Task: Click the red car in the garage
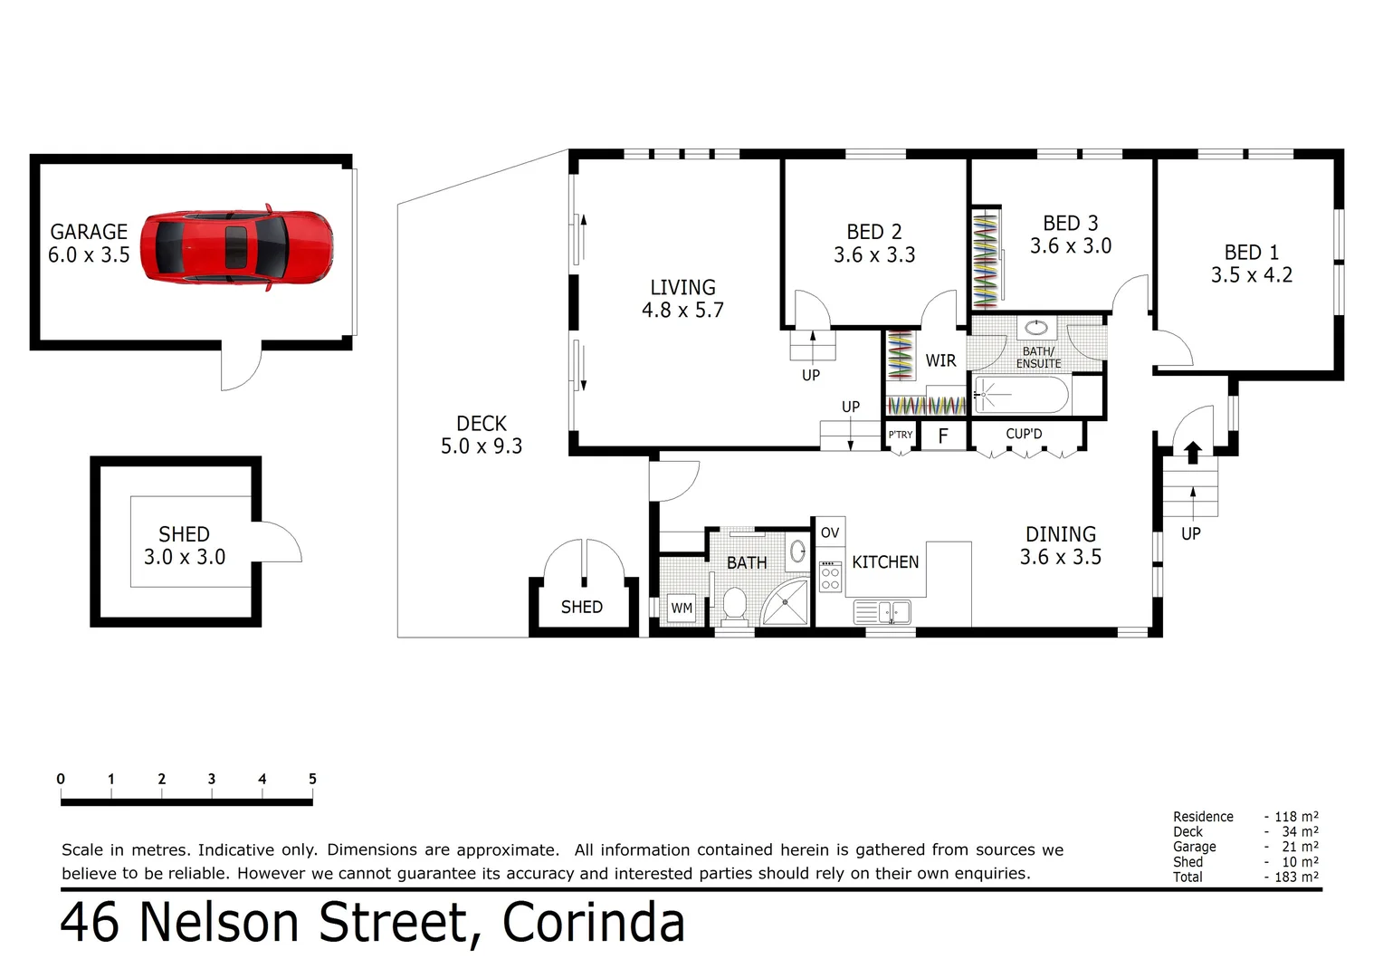click(x=237, y=246)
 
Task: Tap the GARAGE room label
click(x=89, y=232)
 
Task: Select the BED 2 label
click(x=874, y=233)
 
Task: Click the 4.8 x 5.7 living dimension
click(x=682, y=311)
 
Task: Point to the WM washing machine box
click(x=682, y=609)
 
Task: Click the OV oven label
click(x=830, y=532)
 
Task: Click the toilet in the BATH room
click(x=734, y=605)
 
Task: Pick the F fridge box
click(x=943, y=436)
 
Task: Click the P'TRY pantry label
click(x=901, y=436)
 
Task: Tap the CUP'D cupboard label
click(x=1024, y=435)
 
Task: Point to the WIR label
click(x=940, y=360)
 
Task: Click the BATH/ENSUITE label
click(x=1038, y=358)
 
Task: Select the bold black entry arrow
click(x=1193, y=451)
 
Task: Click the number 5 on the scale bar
click(x=312, y=779)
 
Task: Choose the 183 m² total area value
click(x=1297, y=877)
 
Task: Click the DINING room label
click(x=1060, y=534)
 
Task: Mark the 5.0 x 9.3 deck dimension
click(x=482, y=446)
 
